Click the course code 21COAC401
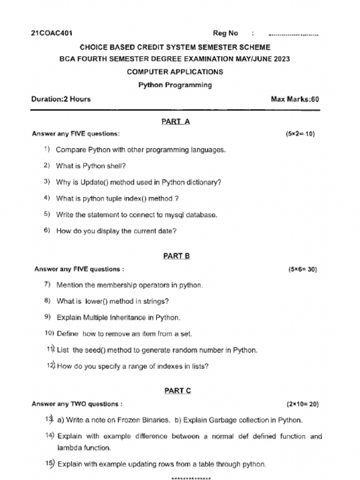pos(52,33)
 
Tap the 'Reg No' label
pos(225,33)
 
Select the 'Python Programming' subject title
pos(175,85)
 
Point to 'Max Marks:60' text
pos(295,99)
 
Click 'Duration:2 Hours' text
pos(61,99)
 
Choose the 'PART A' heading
pos(175,122)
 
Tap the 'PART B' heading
pos(176,256)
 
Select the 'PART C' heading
pos(177,391)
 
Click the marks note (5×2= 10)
pos(300,134)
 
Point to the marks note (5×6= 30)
pos(302,270)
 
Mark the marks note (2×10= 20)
pos(302,404)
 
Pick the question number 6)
pos(47,231)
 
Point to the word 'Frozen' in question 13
pos(128,420)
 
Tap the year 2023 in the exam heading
pos(281,59)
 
